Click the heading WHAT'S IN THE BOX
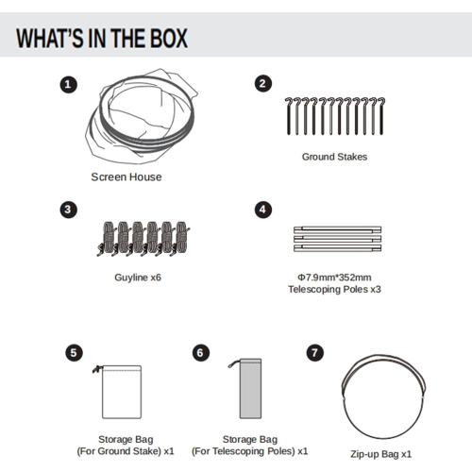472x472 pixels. pyautogui.click(x=102, y=38)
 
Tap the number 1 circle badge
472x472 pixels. pyautogui.click(x=68, y=84)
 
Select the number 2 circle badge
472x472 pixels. pyautogui.click(x=262, y=84)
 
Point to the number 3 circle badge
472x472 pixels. pyautogui.click(x=68, y=210)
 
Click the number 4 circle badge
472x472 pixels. pyautogui.click(x=262, y=210)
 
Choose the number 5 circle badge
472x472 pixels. pyautogui.click(x=74, y=353)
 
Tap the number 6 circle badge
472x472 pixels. pyautogui.click(x=201, y=353)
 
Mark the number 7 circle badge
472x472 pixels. pyautogui.click(x=315, y=353)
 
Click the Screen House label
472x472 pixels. pyautogui.click(x=126, y=177)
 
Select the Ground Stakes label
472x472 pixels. pyautogui.click(x=334, y=157)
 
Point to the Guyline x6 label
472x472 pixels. pyautogui.click(x=138, y=278)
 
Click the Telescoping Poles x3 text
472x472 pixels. pyautogui.click(x=334, y=290)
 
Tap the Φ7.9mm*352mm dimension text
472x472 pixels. pyautogui.click(x=334, y=278)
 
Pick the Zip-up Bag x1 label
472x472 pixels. pyautogui.click(x=381, y=454)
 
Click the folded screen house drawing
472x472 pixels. pyautogui.click(x=142, y=116)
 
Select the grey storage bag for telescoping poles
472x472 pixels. pyautogui.click(x=250, y=389)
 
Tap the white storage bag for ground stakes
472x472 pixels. pyautogui.click(x=122, y=392)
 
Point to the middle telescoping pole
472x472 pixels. pyautogui.click(x=337, y=239)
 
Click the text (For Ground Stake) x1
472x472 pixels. pyautogui.click(x=126, y=451)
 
